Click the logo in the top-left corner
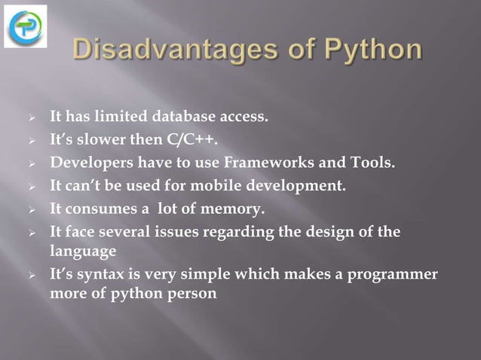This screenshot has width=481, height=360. click(26, 26)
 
